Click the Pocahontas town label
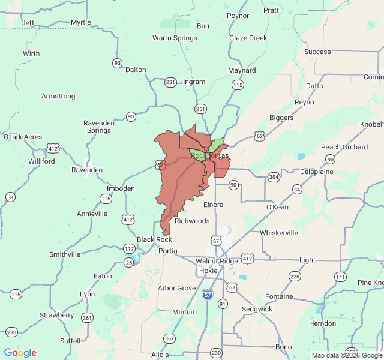pos(209,155)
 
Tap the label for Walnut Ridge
pos(217,261)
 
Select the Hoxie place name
pos(208,271)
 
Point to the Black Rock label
pos(154,239)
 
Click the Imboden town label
pos(121,188)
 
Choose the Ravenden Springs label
pos(99,127)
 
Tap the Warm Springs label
pos(175,38)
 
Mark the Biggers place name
pos(281,118)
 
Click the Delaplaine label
pos(317,171)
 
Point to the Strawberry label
pos(56,315)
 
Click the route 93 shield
pos(118,63)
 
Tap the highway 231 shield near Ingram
pos(170,82)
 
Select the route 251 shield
pos(200,109)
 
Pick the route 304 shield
pos(274,177)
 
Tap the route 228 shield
pos(295,276)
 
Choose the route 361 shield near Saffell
pos(88,317)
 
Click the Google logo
pos(20,353)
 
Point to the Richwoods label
pos(192,221)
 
